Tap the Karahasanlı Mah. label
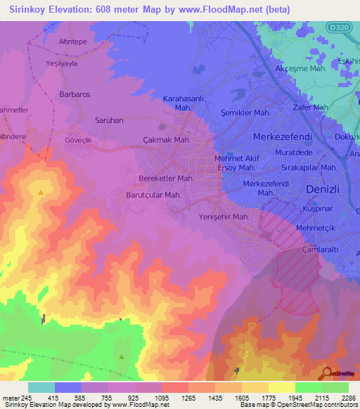(x=182, y=103)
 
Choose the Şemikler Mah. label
(x=245, y=112)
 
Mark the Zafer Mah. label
(x=311, y=108)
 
